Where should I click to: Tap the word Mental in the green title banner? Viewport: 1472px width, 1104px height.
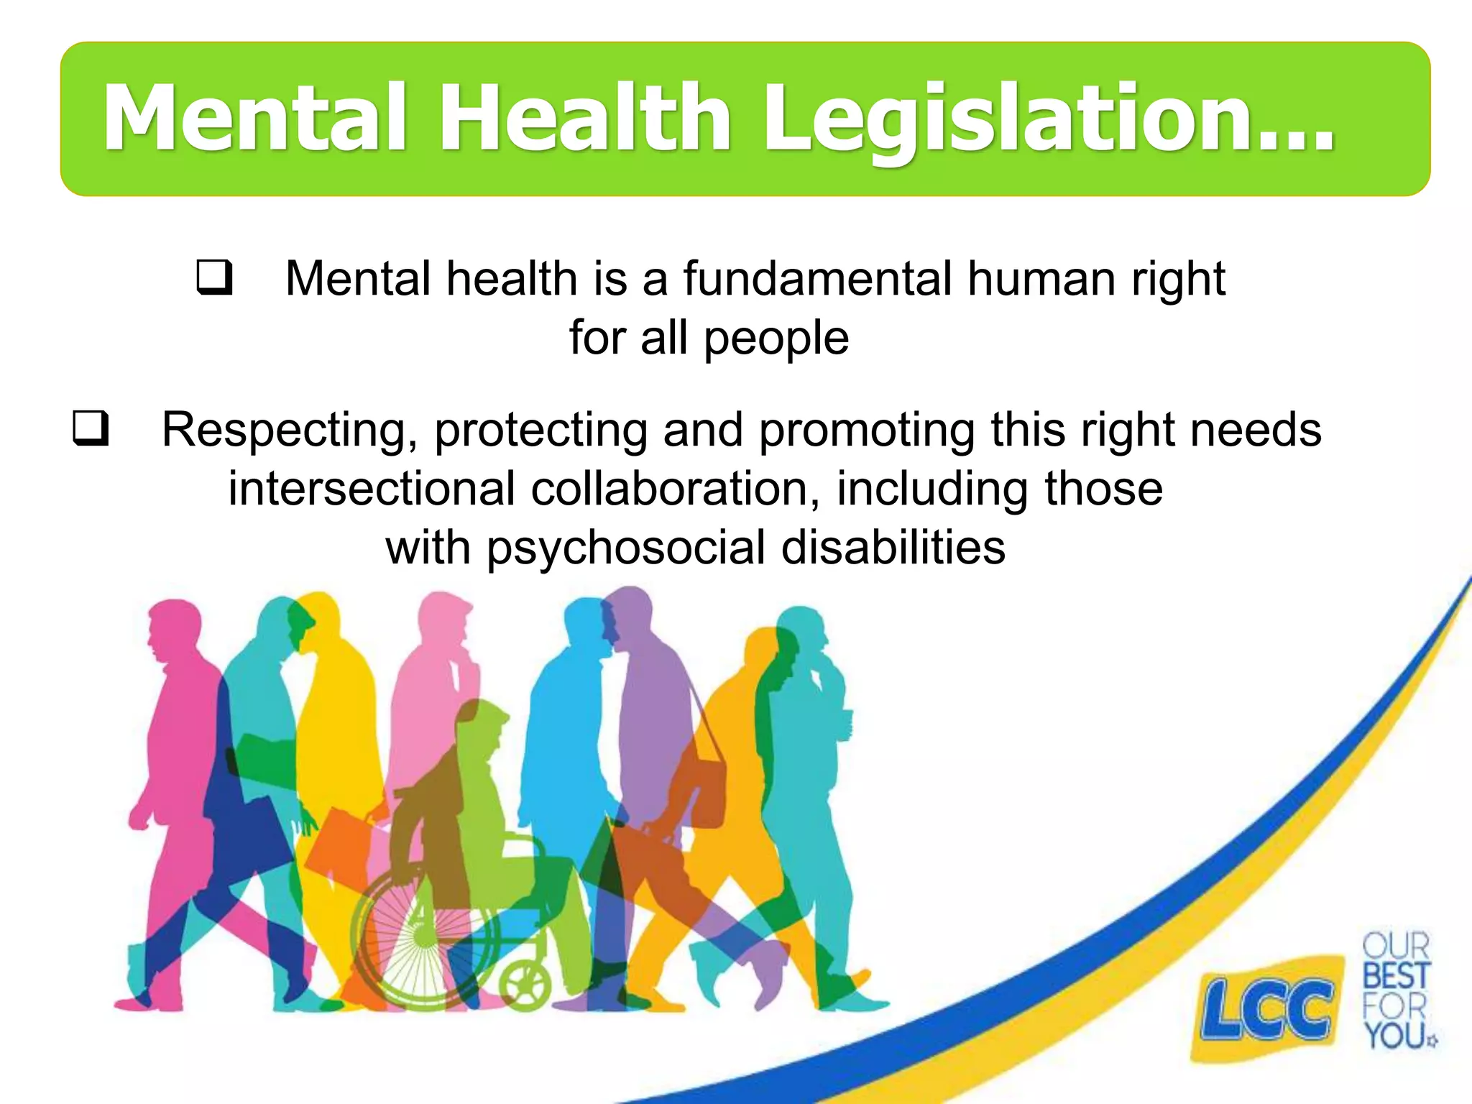tap(255, 119)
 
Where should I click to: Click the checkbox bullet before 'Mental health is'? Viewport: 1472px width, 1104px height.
tap(214, 278)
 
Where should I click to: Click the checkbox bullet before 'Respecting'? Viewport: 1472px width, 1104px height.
tap(91, 428)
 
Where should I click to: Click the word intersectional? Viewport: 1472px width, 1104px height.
tap(371, 489)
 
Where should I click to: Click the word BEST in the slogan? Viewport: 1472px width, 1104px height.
tap(1395, 975)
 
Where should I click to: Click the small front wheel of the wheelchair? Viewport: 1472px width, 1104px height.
tap(525, 985)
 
